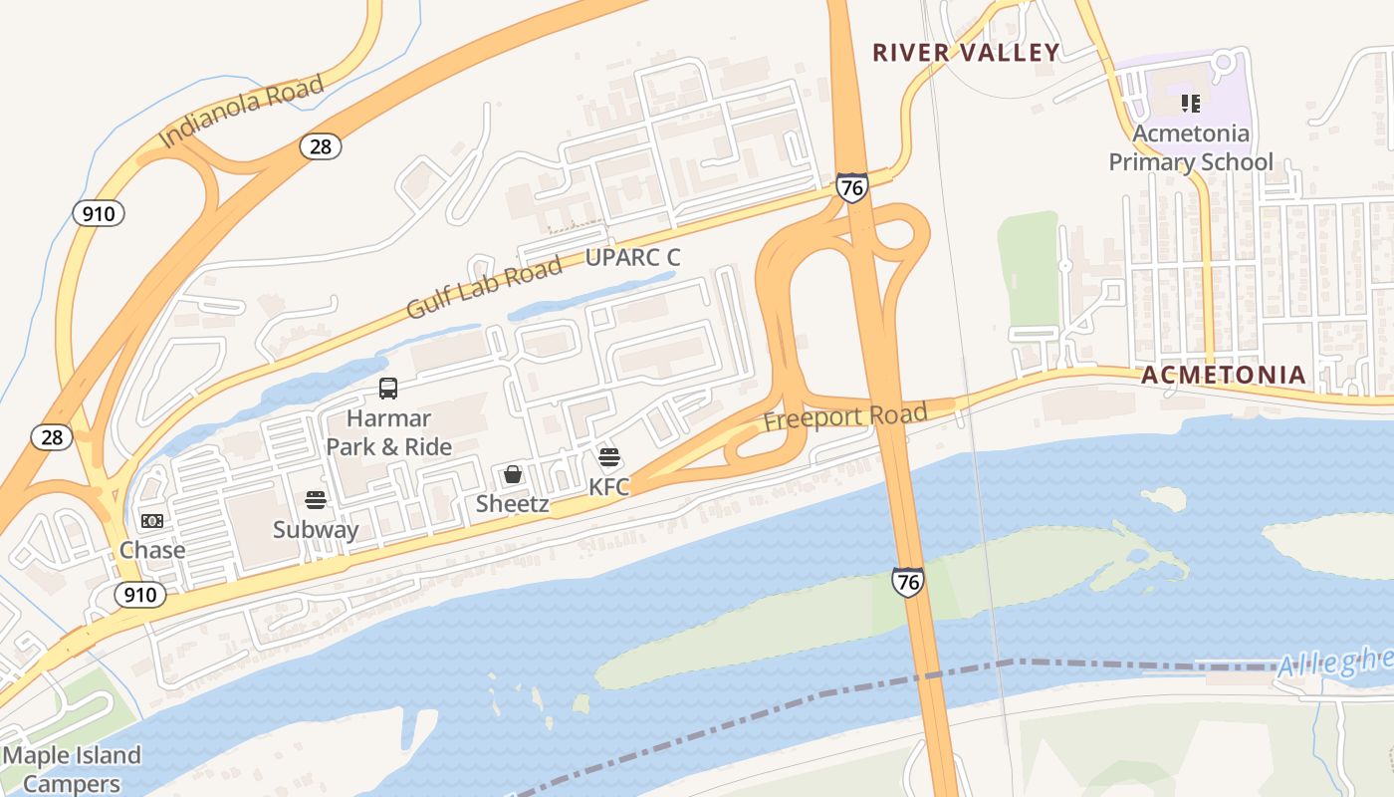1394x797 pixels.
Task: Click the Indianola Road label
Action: (242, 111)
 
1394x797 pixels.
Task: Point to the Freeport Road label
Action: (845, 416)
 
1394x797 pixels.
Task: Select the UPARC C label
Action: (632, 258)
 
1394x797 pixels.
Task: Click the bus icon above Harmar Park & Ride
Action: (388, 389)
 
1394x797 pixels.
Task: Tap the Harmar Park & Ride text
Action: (389, 432)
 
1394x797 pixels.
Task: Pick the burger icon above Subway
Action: (316, 500)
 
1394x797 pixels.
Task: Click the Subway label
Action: (316, 530)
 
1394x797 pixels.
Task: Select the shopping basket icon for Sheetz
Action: (512, 474)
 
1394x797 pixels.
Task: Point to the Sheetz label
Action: (512, 504)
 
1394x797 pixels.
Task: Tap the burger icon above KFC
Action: (609, 458)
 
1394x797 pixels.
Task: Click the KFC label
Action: (609, 487)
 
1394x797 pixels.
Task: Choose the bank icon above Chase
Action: (152, 521)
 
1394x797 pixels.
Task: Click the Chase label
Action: (152, 550)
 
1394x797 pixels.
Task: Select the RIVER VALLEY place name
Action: (966, 53)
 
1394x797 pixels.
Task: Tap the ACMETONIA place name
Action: (1223, 376)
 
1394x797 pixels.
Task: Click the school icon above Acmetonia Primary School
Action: (1190, 103)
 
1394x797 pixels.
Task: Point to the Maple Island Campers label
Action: (72, 769)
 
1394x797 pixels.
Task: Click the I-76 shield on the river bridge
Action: (907, 582)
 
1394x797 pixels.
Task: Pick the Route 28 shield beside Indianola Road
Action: (320, 146)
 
